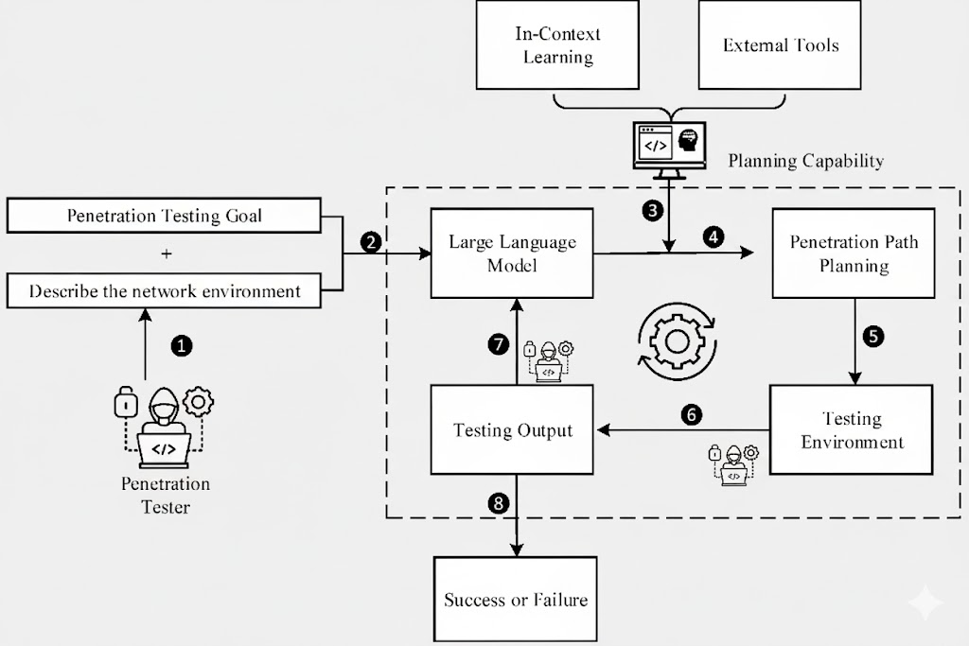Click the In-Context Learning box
pyautogui.click(x=557, y=45)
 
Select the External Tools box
pyautogui.click(x=780, y=45)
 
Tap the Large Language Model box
pyautogui.click(x=512, y=253)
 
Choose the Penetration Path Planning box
pyautogui.click(x=853, y=253)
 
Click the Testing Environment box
pyautogui.click(x=852, y=429)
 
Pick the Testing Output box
pyautogui.click(x=512, y=429)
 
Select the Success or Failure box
pyautogui.click(x=515, y=599)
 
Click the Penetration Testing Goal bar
pyautogui.click(x=164, y=216)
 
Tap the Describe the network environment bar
pyautogui.click(x=164, y=290)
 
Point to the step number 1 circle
pyautogui.click(x=181, y=346)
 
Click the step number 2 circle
pyautogui.click(x=371, y=242)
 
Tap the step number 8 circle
pyautogui.click(x=499, y=502)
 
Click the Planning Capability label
pyautogui.click(x=805, y=161)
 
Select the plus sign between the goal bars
pyautogui.click(x=166, y=253)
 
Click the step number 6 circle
pyautogui.click(x=692, y=413)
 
